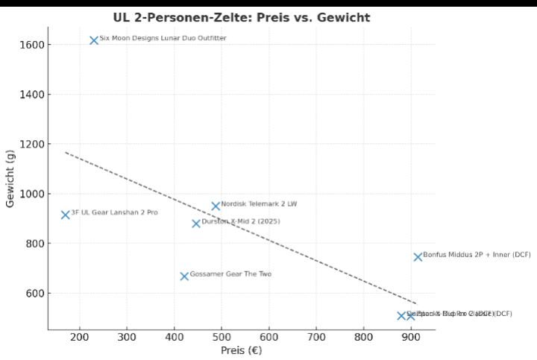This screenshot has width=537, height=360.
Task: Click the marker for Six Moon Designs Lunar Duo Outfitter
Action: pos(94,40)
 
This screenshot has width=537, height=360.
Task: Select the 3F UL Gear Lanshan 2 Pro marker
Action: pos(66,215)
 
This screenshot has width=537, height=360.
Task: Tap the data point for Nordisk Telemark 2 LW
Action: pos(216,206)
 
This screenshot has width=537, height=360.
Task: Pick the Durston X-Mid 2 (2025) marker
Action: pos(196,224)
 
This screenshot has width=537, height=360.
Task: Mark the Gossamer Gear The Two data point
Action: pos(184,277)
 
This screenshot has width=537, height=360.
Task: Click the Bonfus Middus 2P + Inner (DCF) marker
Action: pos(418,257)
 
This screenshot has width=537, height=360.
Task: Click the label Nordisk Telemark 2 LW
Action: pos(259,204)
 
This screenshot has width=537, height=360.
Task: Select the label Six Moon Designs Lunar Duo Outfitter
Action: pos(163,38)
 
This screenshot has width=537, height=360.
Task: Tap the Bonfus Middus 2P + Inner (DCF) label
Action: pos(477,255)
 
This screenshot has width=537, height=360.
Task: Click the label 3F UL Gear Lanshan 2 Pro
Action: pos(114,212)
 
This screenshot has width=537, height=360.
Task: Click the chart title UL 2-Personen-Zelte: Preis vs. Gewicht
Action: pos(241,17)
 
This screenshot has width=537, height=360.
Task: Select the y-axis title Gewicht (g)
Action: pos(10,178)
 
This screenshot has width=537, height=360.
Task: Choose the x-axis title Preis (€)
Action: pos(241,350)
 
